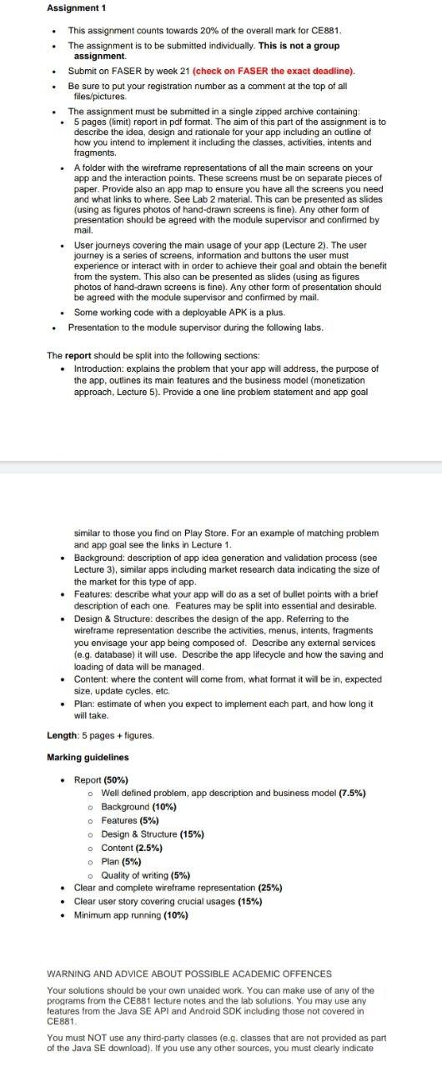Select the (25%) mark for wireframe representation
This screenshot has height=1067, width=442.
(270, 888)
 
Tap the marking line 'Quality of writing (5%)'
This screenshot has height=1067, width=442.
(145, 874)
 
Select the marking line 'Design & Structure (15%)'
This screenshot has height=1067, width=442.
(153, 834)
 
